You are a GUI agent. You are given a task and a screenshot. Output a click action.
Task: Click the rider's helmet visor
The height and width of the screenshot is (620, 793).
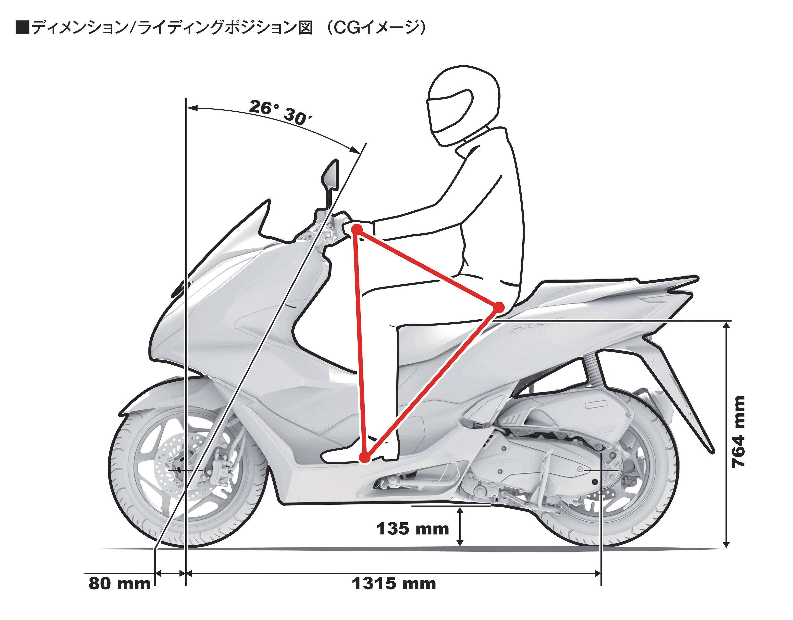(x=450, y=111)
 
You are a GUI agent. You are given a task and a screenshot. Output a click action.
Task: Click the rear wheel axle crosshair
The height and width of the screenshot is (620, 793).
(x=601, y=470)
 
